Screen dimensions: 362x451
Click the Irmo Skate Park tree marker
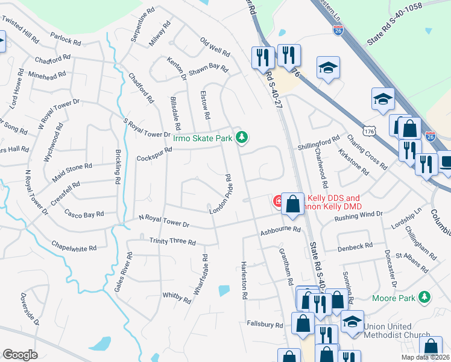pos(242,138)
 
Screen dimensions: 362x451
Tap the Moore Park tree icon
pos(426,297)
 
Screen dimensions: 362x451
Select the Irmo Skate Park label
pos(203,138)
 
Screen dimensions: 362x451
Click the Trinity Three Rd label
pos(172,242)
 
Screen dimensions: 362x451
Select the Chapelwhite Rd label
pos(74,248)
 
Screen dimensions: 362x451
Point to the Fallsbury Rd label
pos(264,324)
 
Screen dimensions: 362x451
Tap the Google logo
pos(20,355)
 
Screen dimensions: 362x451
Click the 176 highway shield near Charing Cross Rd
pos(369,130)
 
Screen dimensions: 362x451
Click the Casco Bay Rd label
pos(84,214)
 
